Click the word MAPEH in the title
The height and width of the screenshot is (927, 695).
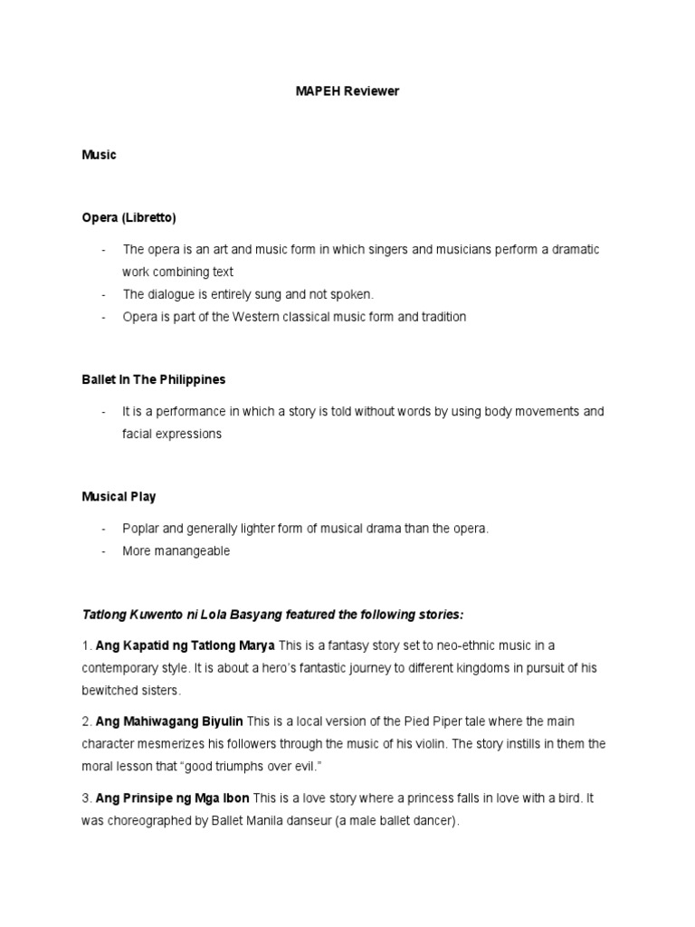[316, 91]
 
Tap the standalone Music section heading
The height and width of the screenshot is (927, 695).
[99, 155]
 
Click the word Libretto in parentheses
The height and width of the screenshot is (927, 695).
[149, 218]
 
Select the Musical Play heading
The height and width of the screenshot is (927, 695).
[119, 497]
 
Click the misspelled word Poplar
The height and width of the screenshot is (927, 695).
[140, 529]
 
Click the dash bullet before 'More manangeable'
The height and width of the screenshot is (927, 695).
[103, 551]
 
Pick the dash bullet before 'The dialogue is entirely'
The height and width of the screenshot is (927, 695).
[103, 294]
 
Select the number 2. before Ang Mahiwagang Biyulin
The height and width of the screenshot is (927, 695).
[87, 721]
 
